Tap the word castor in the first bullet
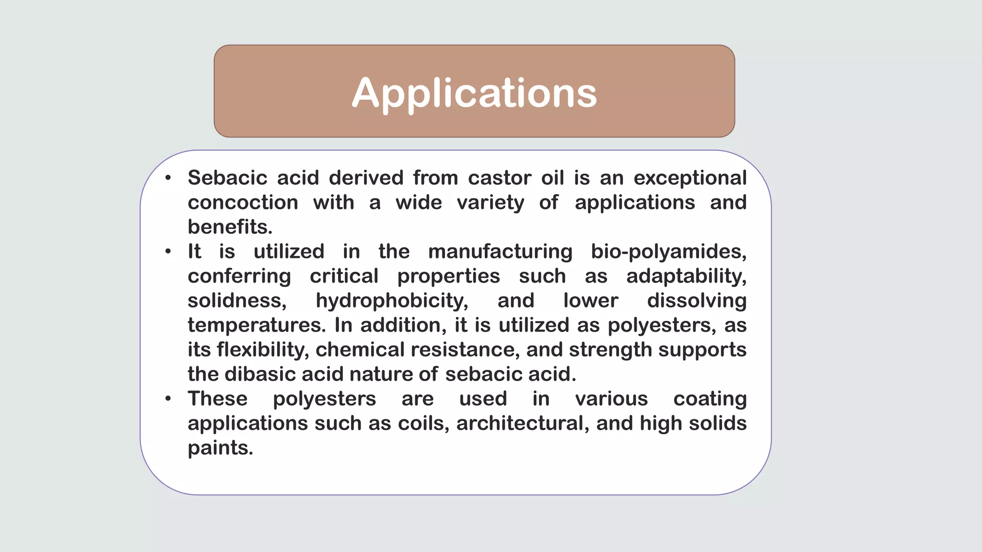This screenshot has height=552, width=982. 500,178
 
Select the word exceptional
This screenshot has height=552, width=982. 690,178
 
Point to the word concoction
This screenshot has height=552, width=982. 243,203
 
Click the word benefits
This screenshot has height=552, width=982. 230,227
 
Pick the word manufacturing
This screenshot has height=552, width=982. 500,252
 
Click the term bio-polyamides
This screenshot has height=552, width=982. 668,252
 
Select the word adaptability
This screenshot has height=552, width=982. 686,276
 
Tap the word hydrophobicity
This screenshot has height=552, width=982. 392,301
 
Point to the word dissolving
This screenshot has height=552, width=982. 697,301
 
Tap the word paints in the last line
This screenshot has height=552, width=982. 220,448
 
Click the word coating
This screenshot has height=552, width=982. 710,399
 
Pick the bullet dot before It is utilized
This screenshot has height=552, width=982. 168,252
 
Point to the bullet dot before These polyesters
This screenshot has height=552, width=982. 168,399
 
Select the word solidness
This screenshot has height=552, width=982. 237,301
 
